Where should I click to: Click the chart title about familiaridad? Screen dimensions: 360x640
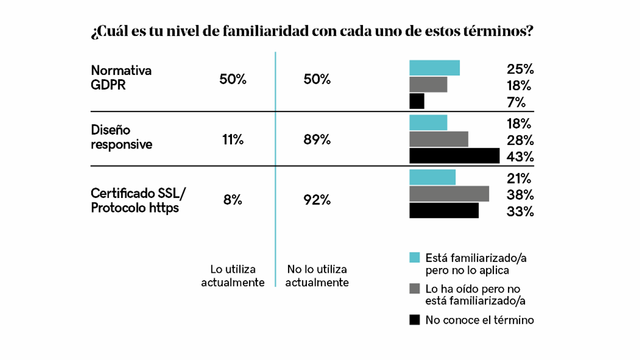(311, 31)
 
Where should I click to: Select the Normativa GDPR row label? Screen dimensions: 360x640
(121, 77)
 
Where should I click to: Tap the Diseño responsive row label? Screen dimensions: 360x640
(121, 137)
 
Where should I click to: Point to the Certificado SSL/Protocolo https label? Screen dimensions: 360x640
(141, 200)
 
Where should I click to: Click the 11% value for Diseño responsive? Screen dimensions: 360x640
(232, 140)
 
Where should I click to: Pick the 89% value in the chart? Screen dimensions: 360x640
(317, 140)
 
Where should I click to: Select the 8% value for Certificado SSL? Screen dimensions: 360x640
(232, 200)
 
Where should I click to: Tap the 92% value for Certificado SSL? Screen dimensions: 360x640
(317, 200)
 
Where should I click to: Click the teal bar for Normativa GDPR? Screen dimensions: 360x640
(434, 68)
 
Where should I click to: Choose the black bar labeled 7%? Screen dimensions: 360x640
(416, 101)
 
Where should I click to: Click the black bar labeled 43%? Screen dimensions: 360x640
(454, 156)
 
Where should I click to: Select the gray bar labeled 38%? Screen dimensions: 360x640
(449, 193)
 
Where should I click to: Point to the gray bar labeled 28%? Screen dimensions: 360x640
(438, 139)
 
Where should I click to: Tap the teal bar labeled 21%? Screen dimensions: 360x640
(432, 177)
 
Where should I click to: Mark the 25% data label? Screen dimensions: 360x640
(519, 69)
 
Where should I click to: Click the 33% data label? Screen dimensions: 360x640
(519, 211)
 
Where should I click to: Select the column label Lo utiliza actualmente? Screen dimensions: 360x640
(232, 276)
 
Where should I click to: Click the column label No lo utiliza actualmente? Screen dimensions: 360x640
(317, 276)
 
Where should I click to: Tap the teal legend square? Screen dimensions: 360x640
(414, 257)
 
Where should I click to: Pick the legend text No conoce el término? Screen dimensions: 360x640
(479, 320)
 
